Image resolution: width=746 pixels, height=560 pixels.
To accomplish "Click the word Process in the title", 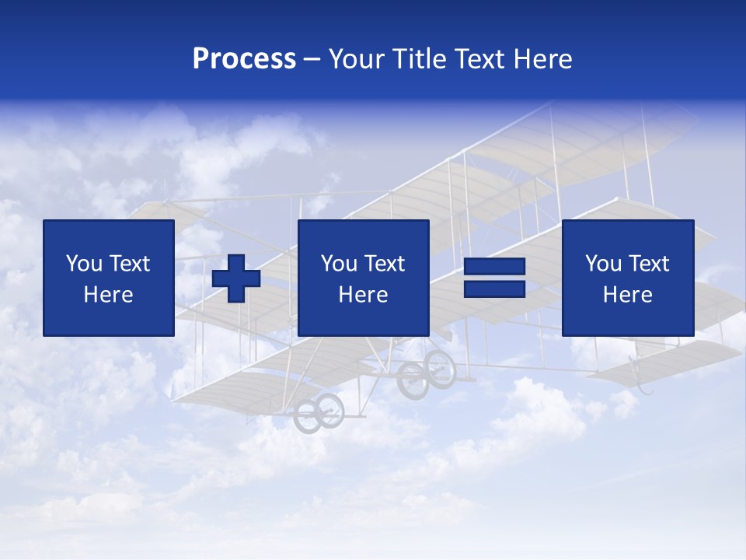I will coord(244,59).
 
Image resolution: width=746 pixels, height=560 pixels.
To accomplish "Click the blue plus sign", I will coord(236,278).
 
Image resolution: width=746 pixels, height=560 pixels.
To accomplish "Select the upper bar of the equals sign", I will coord(494,267).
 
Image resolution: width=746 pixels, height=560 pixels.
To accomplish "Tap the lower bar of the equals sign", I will coord(494,289).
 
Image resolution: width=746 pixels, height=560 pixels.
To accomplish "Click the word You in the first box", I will coord(83,264).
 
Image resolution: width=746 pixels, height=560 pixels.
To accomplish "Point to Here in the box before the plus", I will coord(109,295).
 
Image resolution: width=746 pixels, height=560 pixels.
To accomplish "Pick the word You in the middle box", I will coord(338,264).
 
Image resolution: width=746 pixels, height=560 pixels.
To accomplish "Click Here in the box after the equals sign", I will coord(628,295).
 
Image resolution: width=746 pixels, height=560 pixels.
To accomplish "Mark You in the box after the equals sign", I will coord(602,264).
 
